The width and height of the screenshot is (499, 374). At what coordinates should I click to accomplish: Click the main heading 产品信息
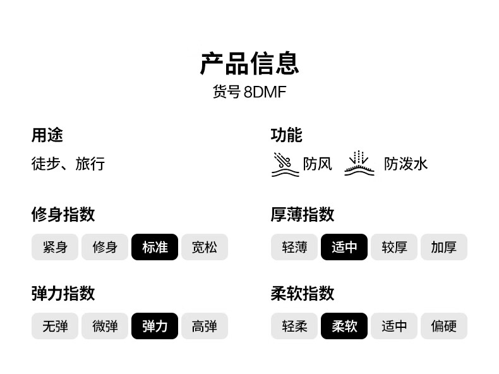pos(249,64)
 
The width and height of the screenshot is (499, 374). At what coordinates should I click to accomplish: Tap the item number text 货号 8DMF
pos(249,92)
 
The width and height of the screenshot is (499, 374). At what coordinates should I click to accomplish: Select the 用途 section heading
pos(47,135)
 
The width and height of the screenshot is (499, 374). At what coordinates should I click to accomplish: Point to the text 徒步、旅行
pos(68,164)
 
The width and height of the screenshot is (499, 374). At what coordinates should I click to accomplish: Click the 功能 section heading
pos(286,135)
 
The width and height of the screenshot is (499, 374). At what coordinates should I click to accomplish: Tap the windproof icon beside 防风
pos(285,164)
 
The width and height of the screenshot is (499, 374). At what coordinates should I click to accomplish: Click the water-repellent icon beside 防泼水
pos(359,164)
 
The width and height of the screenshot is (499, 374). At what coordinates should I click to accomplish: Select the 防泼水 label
pos(406,164)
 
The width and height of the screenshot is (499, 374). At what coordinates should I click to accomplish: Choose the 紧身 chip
pos(55,247)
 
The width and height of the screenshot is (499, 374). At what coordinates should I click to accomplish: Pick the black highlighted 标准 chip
pos(155,247)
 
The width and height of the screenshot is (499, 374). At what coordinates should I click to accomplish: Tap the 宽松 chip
pos(204,247)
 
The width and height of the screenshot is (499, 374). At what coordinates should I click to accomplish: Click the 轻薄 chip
pos(294,247)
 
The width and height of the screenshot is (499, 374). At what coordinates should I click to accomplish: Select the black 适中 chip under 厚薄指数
pos(344,247)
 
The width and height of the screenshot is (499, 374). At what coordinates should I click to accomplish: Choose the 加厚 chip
pos(444,247)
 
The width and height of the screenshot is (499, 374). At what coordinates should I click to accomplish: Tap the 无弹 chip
pos(55,326)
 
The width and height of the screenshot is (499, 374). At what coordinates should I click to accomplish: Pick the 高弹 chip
pos(204,326)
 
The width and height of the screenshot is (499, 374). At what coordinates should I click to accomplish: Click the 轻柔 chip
pos(294,326)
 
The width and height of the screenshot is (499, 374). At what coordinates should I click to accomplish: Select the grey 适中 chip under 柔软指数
pos(394,326)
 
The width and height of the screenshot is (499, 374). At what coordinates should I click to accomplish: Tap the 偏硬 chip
pos(444,326)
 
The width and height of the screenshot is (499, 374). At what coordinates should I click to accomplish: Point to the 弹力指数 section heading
pos(63,293)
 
